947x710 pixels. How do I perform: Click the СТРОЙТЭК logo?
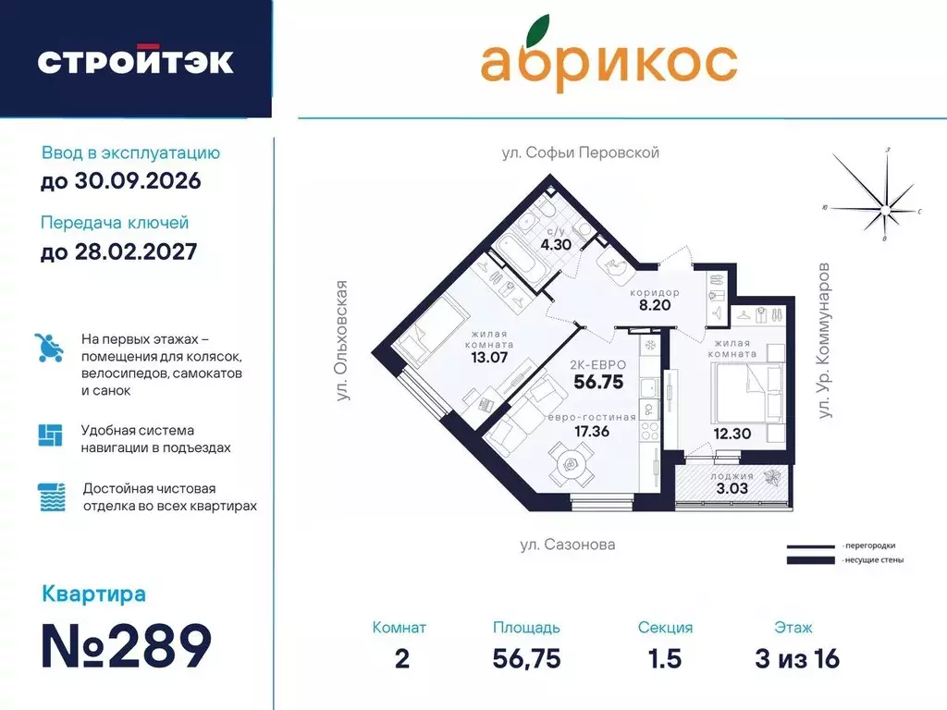[135, 60]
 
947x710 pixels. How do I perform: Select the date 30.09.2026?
[120, 180]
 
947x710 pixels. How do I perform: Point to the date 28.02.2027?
[119, 251]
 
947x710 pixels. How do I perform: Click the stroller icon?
[49, 349]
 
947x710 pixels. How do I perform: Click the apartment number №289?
[127, 645]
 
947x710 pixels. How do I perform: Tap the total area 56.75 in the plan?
[598, 382]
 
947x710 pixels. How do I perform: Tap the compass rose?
[886, 199]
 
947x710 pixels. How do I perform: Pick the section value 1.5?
[664, 658]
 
